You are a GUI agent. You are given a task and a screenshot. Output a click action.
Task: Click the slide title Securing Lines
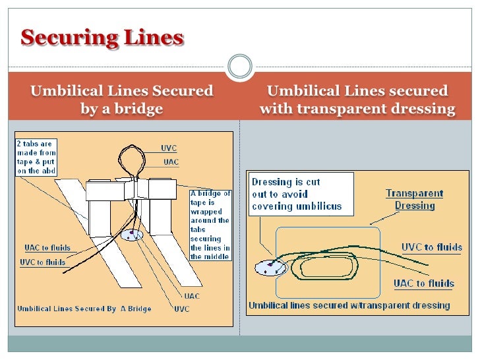tap(102, 39)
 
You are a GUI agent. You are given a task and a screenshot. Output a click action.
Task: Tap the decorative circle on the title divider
tap(240, 67)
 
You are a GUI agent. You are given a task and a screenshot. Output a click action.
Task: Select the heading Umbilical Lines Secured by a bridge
tap(121, 100)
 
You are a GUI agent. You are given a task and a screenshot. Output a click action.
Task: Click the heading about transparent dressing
tap(357, 100)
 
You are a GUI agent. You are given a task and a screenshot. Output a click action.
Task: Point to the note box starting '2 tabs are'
tap(37, 157)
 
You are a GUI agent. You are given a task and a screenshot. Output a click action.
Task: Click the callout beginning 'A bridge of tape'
tap(210, 225)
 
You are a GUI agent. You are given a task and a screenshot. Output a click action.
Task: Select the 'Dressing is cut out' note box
tap(301, 192)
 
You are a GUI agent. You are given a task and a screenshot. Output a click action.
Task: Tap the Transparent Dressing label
tap(415, 199)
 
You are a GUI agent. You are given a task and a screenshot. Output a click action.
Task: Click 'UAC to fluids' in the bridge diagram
tap(47, 248)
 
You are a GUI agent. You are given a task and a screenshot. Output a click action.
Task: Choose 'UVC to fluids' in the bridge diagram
tap(43, 262)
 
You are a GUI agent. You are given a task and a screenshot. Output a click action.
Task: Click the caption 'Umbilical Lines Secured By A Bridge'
tap(84, 309)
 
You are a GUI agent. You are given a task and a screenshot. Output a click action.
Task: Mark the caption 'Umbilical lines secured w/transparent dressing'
tap(349, 305)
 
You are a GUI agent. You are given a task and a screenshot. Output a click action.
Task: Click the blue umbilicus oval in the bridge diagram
tap(133, 235)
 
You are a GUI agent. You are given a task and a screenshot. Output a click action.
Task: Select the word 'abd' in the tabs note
tap(48, 172)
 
